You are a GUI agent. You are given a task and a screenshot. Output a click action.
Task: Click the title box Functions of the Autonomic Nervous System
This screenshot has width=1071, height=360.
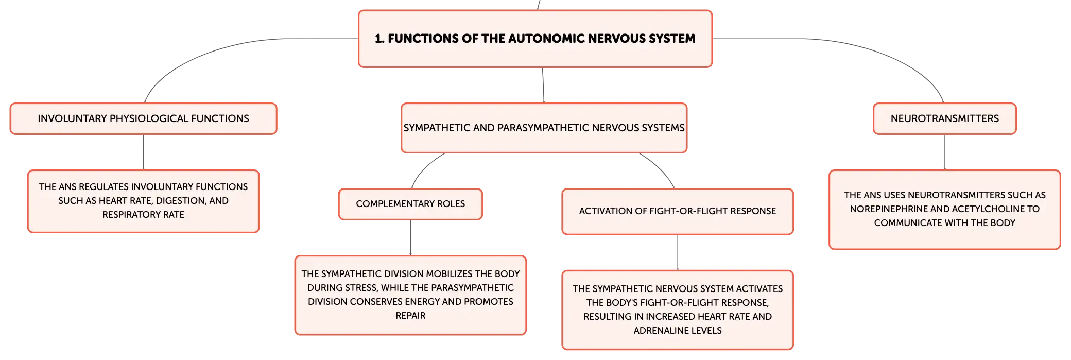pyautogui.click(x=535, y=39)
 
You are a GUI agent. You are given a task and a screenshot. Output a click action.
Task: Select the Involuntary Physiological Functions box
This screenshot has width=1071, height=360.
pyautogui.click(x=143, y=118)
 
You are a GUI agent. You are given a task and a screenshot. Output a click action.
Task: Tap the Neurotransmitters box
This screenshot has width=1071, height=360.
pyautogui.click(x=945, y=118)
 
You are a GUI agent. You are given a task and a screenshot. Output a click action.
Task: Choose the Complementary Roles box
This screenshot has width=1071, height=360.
pyautogui.click(x=410, y=204)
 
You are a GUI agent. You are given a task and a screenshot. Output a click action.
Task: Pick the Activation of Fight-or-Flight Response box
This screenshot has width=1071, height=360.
pyautogui.click(x=678, y=211)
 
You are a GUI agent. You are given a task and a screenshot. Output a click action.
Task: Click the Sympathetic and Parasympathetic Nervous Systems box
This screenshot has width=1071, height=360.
pyautogui.click(x=544, y=128)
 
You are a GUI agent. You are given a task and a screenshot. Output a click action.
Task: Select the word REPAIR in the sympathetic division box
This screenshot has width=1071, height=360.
pyautogui.click(x=410, y=316)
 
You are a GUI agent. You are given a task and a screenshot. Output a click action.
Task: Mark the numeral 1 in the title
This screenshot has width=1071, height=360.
pyautogui.click(x=378, y=39)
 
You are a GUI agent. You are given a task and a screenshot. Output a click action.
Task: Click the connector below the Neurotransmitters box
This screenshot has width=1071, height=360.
pyautogui.click(x=945, y=152)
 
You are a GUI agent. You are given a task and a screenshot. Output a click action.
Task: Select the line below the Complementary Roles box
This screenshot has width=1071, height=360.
pyautogui.click(x=410, y=237)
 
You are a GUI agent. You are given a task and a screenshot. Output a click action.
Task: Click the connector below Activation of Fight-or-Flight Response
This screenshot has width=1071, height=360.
pyautogui.click(x=678, y=252)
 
